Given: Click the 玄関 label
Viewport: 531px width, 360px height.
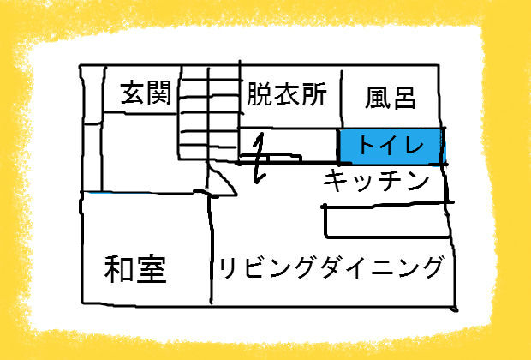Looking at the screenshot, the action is (x=146, y=93).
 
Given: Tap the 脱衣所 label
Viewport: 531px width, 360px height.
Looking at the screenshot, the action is (x=287, y=94).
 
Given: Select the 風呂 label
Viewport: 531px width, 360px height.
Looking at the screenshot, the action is (x=391, y=98).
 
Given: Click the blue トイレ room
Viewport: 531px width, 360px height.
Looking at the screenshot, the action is (x=391, y=146).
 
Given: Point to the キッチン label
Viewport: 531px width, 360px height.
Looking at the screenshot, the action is (x=376, y=180).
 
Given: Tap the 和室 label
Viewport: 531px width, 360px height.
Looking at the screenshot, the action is (x=135, y=269).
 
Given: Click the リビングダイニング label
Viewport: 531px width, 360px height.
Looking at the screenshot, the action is (x=331, y=267).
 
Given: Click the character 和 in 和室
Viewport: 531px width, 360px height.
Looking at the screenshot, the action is (x=119, y=269).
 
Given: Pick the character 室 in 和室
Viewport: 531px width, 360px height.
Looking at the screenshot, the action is (x=152, y=269).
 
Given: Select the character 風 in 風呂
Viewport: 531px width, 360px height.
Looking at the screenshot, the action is (x=377, y=98).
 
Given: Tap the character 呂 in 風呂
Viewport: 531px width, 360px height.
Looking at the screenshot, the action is (x=404, y=99).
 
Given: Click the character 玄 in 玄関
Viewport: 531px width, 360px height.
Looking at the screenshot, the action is (x=133, y=93).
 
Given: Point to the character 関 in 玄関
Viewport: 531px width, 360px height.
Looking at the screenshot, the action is (x=159, y=93).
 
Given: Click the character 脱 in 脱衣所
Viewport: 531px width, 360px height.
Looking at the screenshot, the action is (x=260, y=94).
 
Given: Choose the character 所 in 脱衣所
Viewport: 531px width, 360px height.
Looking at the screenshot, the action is (x=314, y=94).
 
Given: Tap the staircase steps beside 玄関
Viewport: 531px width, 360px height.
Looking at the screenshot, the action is (x=209, y=113).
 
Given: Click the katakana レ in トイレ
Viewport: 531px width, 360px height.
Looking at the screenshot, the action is (x=413, y=146).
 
